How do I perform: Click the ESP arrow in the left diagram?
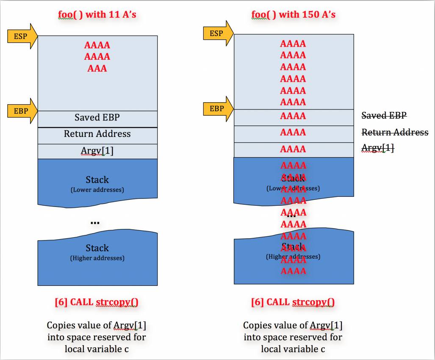pyautogui.click(x=21, y=36)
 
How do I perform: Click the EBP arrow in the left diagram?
pyautogui.click(x=21, y=111)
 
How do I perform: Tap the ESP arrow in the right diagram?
pyautogui.click(x=217, y=33)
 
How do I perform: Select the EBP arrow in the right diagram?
pyautogui.click(x=217, y=109)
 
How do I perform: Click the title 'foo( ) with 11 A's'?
pyautogui.click(x=97, y=14)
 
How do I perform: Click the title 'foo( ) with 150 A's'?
pyautogui.click(x=293, y=14)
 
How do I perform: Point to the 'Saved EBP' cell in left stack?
pyautogui.click(x=97, y=117)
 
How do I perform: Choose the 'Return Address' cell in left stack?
pyautogui.click(x=97, y=134)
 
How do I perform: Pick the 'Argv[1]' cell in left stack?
pyautogui.click(x=97, y=151)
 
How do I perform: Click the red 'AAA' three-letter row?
pyautogui.click(x=97, y=68)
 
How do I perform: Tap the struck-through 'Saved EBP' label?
pyautogui.click(x=384, y=115)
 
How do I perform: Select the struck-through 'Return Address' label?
pyautogui.click(x=395, y=132)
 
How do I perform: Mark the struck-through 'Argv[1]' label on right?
pyautogui.click(x=377, y=148)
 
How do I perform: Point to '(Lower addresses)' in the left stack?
pyautogui.click(x=97, y=190)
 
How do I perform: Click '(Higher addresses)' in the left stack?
pyautogui.click(x=97, y=258)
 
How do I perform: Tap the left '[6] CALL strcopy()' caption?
pyautogui.click(x=97, y=302)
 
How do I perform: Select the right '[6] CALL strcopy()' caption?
pyautogui.click(x=293, y=302)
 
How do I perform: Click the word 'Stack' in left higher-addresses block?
pyautogui.click(x=97, y=248)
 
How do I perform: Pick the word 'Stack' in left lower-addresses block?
pyautogui.click(x=97, y=179)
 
